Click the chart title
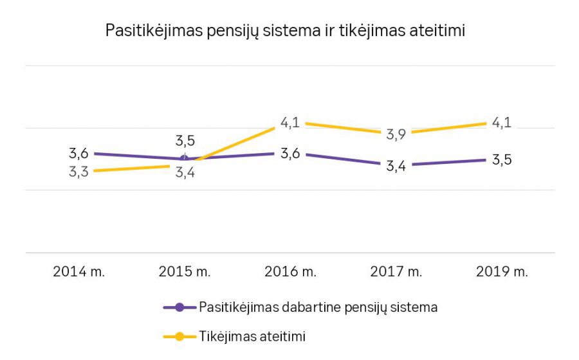point(285,31)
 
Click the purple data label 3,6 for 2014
point(78,154)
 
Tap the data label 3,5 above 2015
point(185,141)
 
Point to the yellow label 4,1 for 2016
point(290,123)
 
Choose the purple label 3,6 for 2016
point(290,154)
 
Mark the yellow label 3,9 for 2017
point(396,134)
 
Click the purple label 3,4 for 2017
point(396,166)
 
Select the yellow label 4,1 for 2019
point(502,123)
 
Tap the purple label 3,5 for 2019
point(502,160)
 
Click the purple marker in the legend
point(179,307)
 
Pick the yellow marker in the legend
point(179,336)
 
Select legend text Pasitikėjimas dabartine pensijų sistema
point(318,307)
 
